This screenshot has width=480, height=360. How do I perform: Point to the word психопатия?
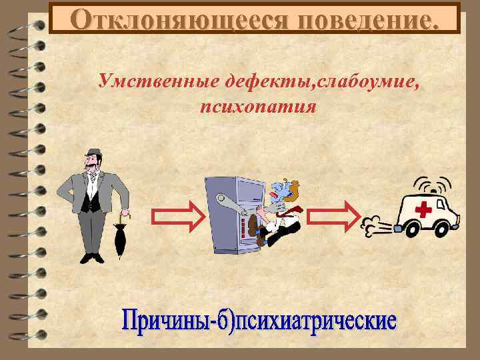point(257,106)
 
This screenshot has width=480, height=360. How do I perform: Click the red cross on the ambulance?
point(423,210)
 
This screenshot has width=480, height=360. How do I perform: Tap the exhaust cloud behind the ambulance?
point(375,227)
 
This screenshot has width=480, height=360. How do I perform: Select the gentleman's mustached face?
point(94,163)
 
